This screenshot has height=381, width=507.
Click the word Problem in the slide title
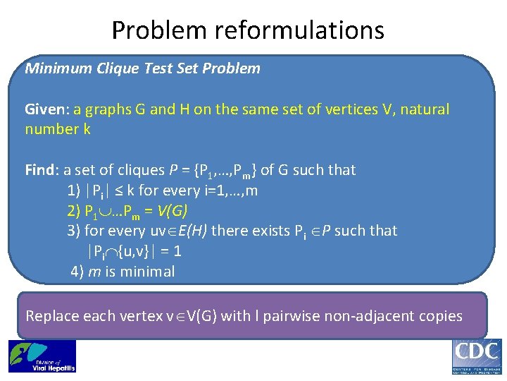point(160,30)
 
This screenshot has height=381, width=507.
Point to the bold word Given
point(44,109)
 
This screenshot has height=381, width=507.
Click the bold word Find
point(39,170)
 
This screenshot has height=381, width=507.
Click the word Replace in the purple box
point(52,316)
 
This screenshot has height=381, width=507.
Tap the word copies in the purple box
point(442,316)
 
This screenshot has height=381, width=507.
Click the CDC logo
point(476,357)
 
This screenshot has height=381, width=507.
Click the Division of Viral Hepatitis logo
point(42,356)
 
